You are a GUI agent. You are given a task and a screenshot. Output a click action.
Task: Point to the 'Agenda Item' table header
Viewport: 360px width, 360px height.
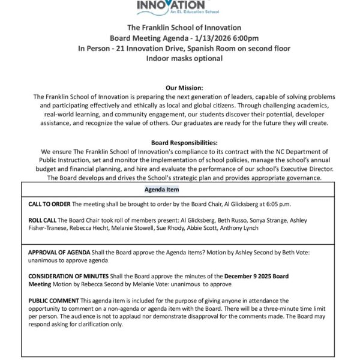[x=162, y=190]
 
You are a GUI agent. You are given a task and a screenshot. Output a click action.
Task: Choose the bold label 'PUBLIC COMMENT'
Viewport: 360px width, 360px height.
[x=53, y=299]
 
